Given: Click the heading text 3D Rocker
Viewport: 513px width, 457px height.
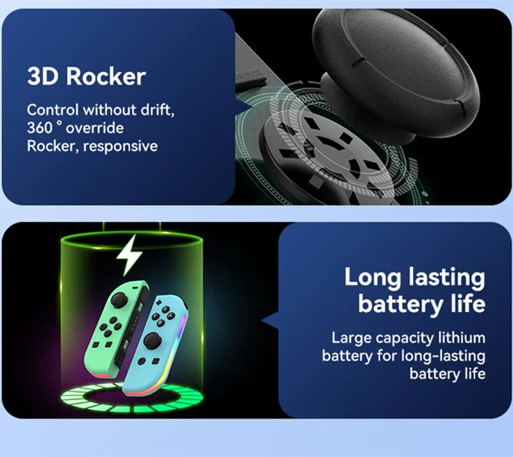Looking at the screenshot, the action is [87, 76].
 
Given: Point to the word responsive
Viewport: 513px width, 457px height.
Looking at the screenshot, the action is [121, 146].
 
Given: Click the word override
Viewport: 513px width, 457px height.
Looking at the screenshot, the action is [94, 128].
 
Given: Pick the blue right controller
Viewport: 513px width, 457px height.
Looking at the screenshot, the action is [155, 345].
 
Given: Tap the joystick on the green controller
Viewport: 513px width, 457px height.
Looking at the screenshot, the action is [119, 300].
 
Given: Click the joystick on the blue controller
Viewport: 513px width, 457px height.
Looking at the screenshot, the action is [152, 341].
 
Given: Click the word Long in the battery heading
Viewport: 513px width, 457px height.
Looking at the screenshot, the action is [373, 277].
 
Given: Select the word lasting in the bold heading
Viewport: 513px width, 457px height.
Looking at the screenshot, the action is [447, 277].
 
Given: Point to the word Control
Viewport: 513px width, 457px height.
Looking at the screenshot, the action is [53, 110].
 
